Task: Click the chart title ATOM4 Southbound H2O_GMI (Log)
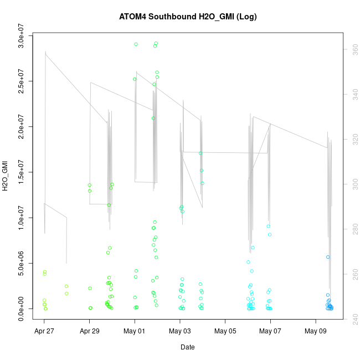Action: tap(188, 17)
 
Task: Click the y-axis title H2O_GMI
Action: tap(5, 176)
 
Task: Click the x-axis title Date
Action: tap(188, 347)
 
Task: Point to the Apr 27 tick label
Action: tap(44, 332)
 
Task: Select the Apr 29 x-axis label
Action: tap(90, 332)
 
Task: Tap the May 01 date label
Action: tap(135, 332)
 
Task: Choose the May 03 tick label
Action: tap(180, 332)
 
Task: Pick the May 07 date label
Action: tap(270, 332)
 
